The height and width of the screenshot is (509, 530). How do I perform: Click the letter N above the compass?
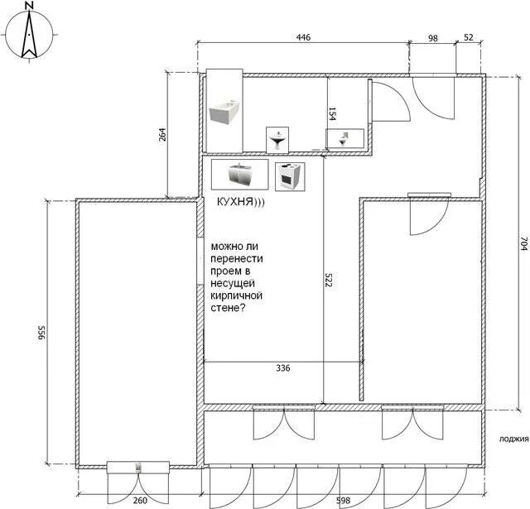point(30,6)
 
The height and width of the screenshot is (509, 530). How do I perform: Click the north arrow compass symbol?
point(30,35)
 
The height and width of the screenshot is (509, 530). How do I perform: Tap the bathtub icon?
point(224,111)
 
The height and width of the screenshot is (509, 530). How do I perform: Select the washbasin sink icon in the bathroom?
point(277,140)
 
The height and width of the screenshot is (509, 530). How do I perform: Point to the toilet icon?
point(344,138)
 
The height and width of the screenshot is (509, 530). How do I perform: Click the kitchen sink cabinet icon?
point(239,175)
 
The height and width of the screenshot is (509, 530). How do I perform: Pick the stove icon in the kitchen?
point(290,176)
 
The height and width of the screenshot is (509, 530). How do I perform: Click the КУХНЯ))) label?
point(240,202)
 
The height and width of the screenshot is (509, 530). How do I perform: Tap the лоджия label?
point(513,439)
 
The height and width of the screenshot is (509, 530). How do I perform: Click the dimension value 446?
point(303,37)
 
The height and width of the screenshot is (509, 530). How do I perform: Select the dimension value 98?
point(433,38)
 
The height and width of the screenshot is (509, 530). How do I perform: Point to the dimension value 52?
point(469,37)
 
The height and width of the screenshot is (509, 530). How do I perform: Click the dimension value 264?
point(162,134)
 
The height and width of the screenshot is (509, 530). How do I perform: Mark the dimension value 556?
point(41,333)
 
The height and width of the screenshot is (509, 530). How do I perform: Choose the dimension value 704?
point(523,243)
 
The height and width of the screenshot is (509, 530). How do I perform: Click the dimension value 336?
point(283,368)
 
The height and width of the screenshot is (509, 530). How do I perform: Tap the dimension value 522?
point(328,279)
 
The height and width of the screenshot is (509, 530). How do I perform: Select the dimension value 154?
point(332,114)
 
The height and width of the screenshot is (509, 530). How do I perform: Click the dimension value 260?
point(140,500)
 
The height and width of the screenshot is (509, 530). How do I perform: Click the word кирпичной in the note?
point(236,295)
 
